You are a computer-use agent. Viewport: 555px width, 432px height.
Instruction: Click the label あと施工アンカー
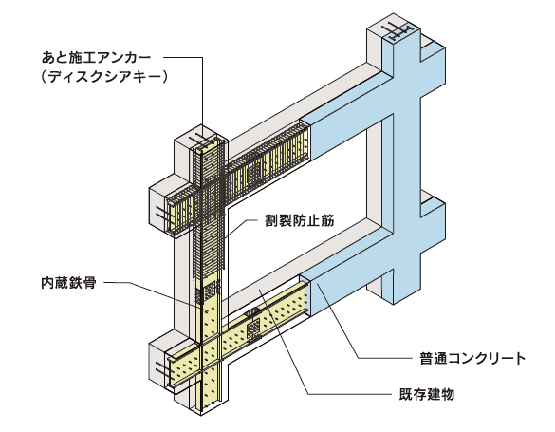coord(96,58)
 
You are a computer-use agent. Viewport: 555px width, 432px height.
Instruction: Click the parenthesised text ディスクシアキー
coord(103,77)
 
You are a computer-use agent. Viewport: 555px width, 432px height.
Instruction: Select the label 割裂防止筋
coord(300,220)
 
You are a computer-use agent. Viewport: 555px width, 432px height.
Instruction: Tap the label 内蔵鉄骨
coord(68,283)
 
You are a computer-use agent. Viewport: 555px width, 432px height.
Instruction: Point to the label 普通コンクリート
coord(472,358)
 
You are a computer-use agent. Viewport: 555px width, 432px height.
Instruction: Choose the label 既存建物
coord(427,394)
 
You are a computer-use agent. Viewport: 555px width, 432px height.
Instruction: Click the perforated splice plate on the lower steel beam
coord(253,329)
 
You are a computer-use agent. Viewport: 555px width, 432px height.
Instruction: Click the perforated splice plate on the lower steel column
coord(210,291)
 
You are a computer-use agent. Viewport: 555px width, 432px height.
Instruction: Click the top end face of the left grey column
coord(201,137)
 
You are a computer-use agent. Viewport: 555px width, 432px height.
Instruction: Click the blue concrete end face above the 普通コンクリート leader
coord(305,296)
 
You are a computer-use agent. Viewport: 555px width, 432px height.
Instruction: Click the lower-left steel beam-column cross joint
coord(212,355)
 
